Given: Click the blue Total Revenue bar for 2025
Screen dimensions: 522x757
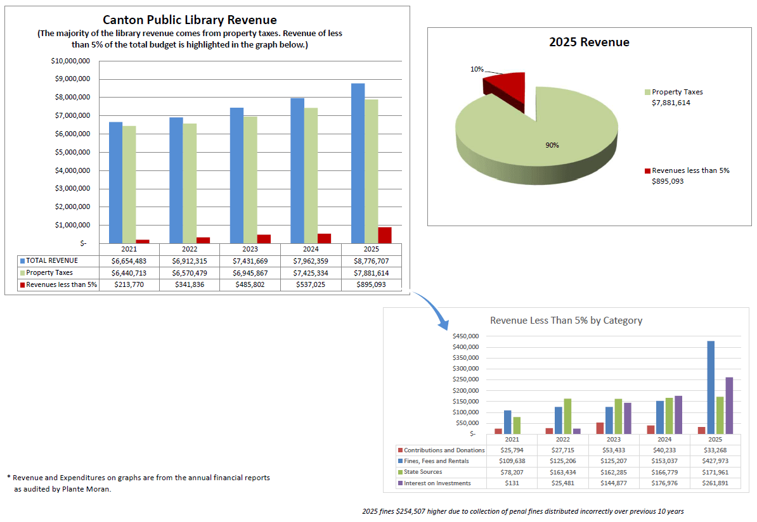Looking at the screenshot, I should [358, 163].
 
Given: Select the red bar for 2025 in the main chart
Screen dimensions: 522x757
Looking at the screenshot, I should [385, 235].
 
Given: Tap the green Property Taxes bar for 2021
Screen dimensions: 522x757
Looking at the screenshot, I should [129, 184].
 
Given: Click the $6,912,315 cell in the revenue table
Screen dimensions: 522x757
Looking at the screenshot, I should [191, 261].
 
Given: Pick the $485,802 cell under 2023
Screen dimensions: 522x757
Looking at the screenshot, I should [250, 285].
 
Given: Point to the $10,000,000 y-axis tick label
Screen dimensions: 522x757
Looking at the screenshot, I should [70, 61].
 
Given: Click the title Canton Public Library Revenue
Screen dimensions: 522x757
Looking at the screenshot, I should [190, 20].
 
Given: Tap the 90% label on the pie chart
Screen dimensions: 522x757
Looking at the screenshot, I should [552, 145].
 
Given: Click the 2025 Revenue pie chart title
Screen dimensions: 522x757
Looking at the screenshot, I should [589, 42].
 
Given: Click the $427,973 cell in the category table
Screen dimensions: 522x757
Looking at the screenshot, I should [715, 461].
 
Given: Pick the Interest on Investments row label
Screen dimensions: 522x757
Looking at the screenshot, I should [437, 483].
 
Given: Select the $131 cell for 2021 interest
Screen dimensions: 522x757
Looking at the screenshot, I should [512, 483].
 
